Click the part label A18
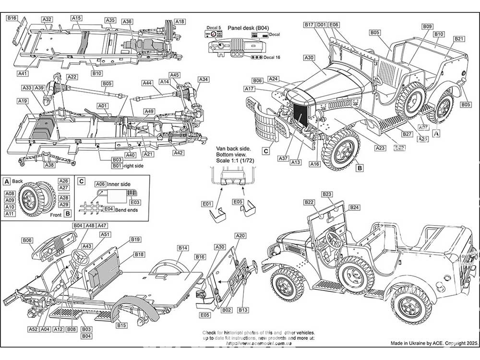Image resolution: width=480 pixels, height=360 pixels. click(x=180, y=21)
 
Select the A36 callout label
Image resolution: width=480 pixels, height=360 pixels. click(x=127, y=22)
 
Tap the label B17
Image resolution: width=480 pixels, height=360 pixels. click(x=309, y=24)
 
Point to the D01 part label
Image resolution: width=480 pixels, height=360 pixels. click(x=322, y=24)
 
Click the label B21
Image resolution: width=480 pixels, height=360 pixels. click(x=459, y=38)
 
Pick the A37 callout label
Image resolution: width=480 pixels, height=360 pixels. click(x=283, y=158)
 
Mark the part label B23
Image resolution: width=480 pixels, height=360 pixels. click(x=327, y=194)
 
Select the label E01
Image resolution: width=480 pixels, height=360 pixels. click(x=207, y=204)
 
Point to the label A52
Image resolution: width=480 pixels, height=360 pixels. click(x=33, y=329)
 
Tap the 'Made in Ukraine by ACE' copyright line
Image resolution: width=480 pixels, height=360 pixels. click(x=434, y=344)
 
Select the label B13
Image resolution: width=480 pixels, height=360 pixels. click(x=243, y=311)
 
